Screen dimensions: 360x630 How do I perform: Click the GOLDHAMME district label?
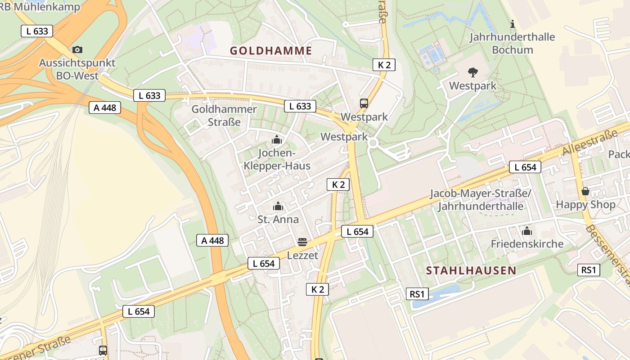pyautogui.click(x=271, y=50)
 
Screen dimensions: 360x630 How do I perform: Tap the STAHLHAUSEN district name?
pyautogui.click(x=471, y=270)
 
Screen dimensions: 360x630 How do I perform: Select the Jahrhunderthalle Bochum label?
pyautogui.click(x=512, y=43)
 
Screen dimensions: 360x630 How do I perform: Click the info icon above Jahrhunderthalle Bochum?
pyautogui.click(x=512, y=24)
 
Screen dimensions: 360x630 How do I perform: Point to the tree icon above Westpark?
pyautogui.click(x=472, y=72)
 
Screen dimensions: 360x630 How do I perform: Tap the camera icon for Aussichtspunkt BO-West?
pyautogui.click(x=77, y=49)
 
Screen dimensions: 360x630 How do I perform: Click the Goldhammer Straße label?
pyautogui.click(x=224, y=115)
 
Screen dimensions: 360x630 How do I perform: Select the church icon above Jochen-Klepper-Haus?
pyautogui.click(x=277, y=140)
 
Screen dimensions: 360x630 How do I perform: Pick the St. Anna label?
pyautogui.click(x=278, y=220)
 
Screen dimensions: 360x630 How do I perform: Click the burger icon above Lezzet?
pyautogui.click(x=302, y=242)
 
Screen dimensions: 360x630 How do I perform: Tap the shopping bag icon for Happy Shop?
pyautogui.click(x=585, y=191)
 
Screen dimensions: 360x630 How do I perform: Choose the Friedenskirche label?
pyautogui.click(x=527, y=244)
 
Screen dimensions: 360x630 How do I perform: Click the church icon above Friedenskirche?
pyautogui.click(x=527, y=231)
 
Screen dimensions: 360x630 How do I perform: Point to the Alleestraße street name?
pyautogui.click(x=590, y=143)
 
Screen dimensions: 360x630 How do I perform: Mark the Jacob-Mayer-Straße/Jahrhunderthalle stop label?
pyautogui.click(x=481, y=200)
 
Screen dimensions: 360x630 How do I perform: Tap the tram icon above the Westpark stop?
pyautogui.click(x=364, y=103)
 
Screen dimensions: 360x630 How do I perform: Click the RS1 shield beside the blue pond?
pyautogui.click(x=417, y=294)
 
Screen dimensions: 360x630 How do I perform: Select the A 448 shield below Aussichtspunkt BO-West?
pyautogui.click(x=105, y=108)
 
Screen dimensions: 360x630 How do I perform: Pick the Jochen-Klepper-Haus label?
pyautogui.click(x=277, y=159)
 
